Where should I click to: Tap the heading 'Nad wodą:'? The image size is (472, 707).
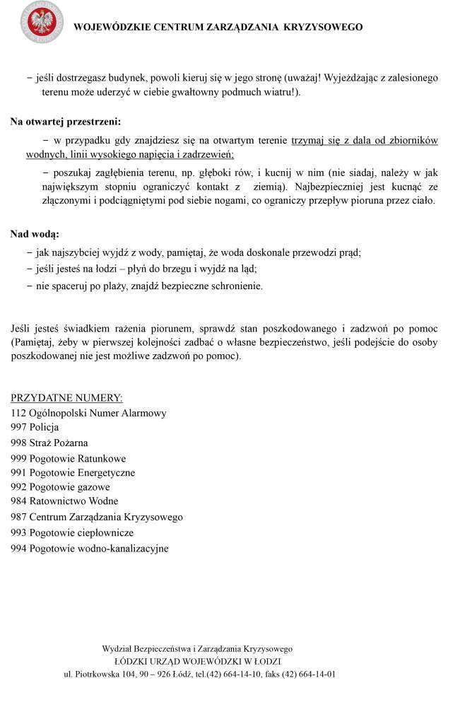[35, 233]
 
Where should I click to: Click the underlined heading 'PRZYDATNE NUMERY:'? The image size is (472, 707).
[66, 397]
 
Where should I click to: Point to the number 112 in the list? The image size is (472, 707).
[19, 413]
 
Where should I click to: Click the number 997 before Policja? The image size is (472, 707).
[19, 428]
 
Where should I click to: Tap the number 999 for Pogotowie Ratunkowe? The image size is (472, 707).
[19, 458]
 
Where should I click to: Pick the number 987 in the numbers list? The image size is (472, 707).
[19, 517]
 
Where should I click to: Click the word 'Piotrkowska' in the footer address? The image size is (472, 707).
[98, 674]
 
